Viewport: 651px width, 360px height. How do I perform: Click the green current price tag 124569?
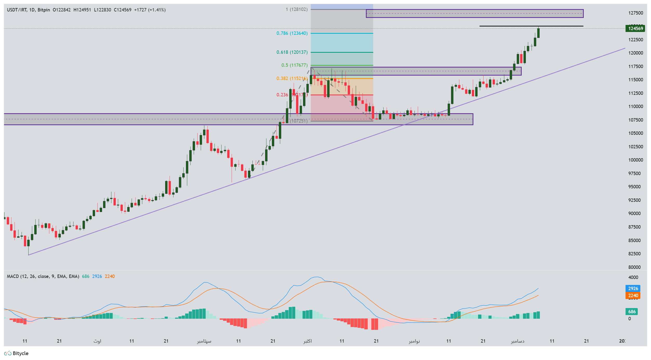point(635,28)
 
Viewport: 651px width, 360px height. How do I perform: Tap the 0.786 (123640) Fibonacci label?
point(292,33)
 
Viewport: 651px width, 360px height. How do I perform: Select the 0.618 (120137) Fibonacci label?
point(292,52)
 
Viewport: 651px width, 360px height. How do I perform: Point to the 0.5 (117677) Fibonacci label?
point(294,65)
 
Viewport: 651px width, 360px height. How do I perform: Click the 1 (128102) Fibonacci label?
point(297,9)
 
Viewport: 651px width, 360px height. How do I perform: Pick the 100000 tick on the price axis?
point(635,160)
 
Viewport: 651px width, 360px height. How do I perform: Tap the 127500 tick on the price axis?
point(635,13)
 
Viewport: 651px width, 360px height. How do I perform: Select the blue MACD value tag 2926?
point(633,289)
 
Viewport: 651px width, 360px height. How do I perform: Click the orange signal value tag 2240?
point(633,296)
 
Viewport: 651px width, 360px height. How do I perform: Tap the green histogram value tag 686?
point(632,312)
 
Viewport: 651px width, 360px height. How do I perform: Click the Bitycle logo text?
point(20,354)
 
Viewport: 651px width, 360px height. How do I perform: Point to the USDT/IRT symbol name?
point(17,10)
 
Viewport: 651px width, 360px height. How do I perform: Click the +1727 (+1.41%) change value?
point(150,10)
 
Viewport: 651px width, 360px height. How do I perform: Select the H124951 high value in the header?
point(82,10)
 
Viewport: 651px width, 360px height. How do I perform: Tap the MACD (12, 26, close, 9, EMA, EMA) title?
point(43,276)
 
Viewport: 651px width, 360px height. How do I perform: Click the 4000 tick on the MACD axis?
point(633,277)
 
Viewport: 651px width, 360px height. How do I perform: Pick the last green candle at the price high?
point(538,33)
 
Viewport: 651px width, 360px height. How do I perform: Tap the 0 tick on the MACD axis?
point(629,319)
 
